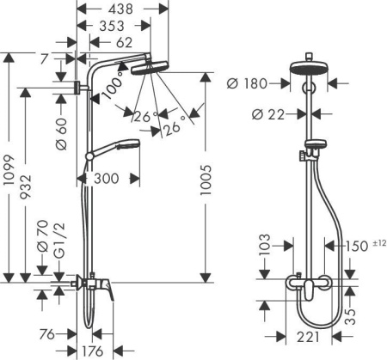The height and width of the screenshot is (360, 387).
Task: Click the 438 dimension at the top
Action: [x=122, y=9]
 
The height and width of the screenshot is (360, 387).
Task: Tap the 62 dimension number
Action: [x=123, y=43]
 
